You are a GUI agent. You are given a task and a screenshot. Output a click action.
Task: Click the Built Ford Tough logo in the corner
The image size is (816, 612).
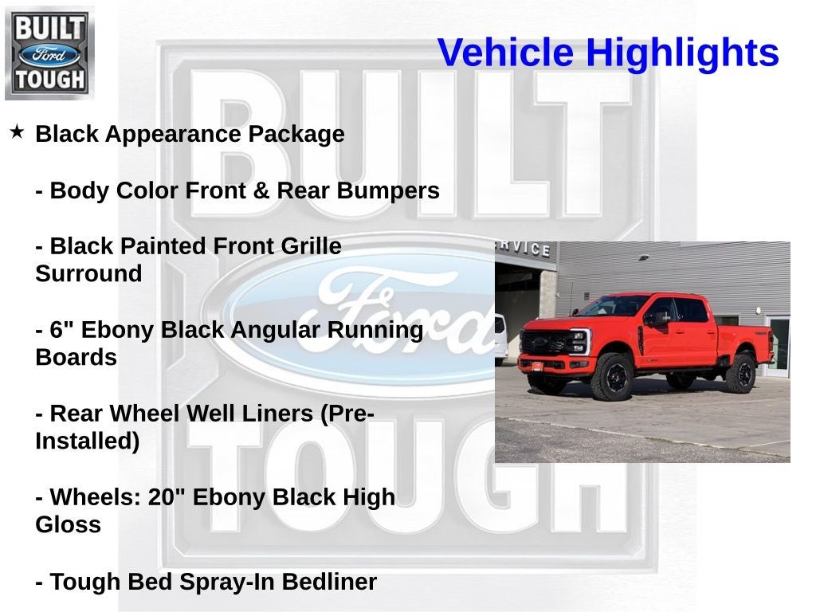pos(49,53)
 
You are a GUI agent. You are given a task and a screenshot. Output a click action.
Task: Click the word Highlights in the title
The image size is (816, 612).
pos(682,53)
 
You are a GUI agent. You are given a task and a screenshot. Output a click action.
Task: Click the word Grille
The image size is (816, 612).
pos(311,246)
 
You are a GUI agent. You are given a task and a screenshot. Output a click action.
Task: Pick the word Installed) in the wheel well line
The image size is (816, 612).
pos(87,441)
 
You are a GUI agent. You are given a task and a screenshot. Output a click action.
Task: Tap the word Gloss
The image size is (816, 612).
pos(68,525)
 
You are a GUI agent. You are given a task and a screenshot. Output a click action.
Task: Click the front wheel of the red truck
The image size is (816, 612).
pos(613,377)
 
